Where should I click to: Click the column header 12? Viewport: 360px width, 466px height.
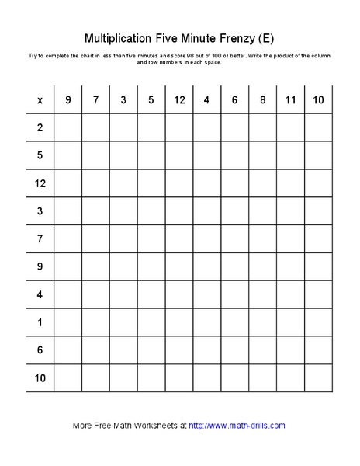179,99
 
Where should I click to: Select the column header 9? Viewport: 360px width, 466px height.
67,99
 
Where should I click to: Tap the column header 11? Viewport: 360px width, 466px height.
290,99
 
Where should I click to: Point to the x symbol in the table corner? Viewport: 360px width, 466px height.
40,99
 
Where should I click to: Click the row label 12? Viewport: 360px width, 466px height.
40,183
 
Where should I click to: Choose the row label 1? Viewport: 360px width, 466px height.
40,322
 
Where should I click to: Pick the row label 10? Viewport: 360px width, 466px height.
40,378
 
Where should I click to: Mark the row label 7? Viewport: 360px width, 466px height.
40,238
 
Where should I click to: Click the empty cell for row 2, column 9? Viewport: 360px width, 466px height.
67,127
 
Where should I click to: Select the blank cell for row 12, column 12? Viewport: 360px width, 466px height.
179,183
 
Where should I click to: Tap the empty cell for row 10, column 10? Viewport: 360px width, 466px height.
318,378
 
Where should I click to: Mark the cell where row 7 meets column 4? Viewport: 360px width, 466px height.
207,238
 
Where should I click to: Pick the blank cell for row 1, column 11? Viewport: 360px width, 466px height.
290,322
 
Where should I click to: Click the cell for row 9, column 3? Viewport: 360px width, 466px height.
123,266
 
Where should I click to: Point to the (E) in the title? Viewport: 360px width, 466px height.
267,37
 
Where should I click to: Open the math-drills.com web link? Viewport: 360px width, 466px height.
237,426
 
